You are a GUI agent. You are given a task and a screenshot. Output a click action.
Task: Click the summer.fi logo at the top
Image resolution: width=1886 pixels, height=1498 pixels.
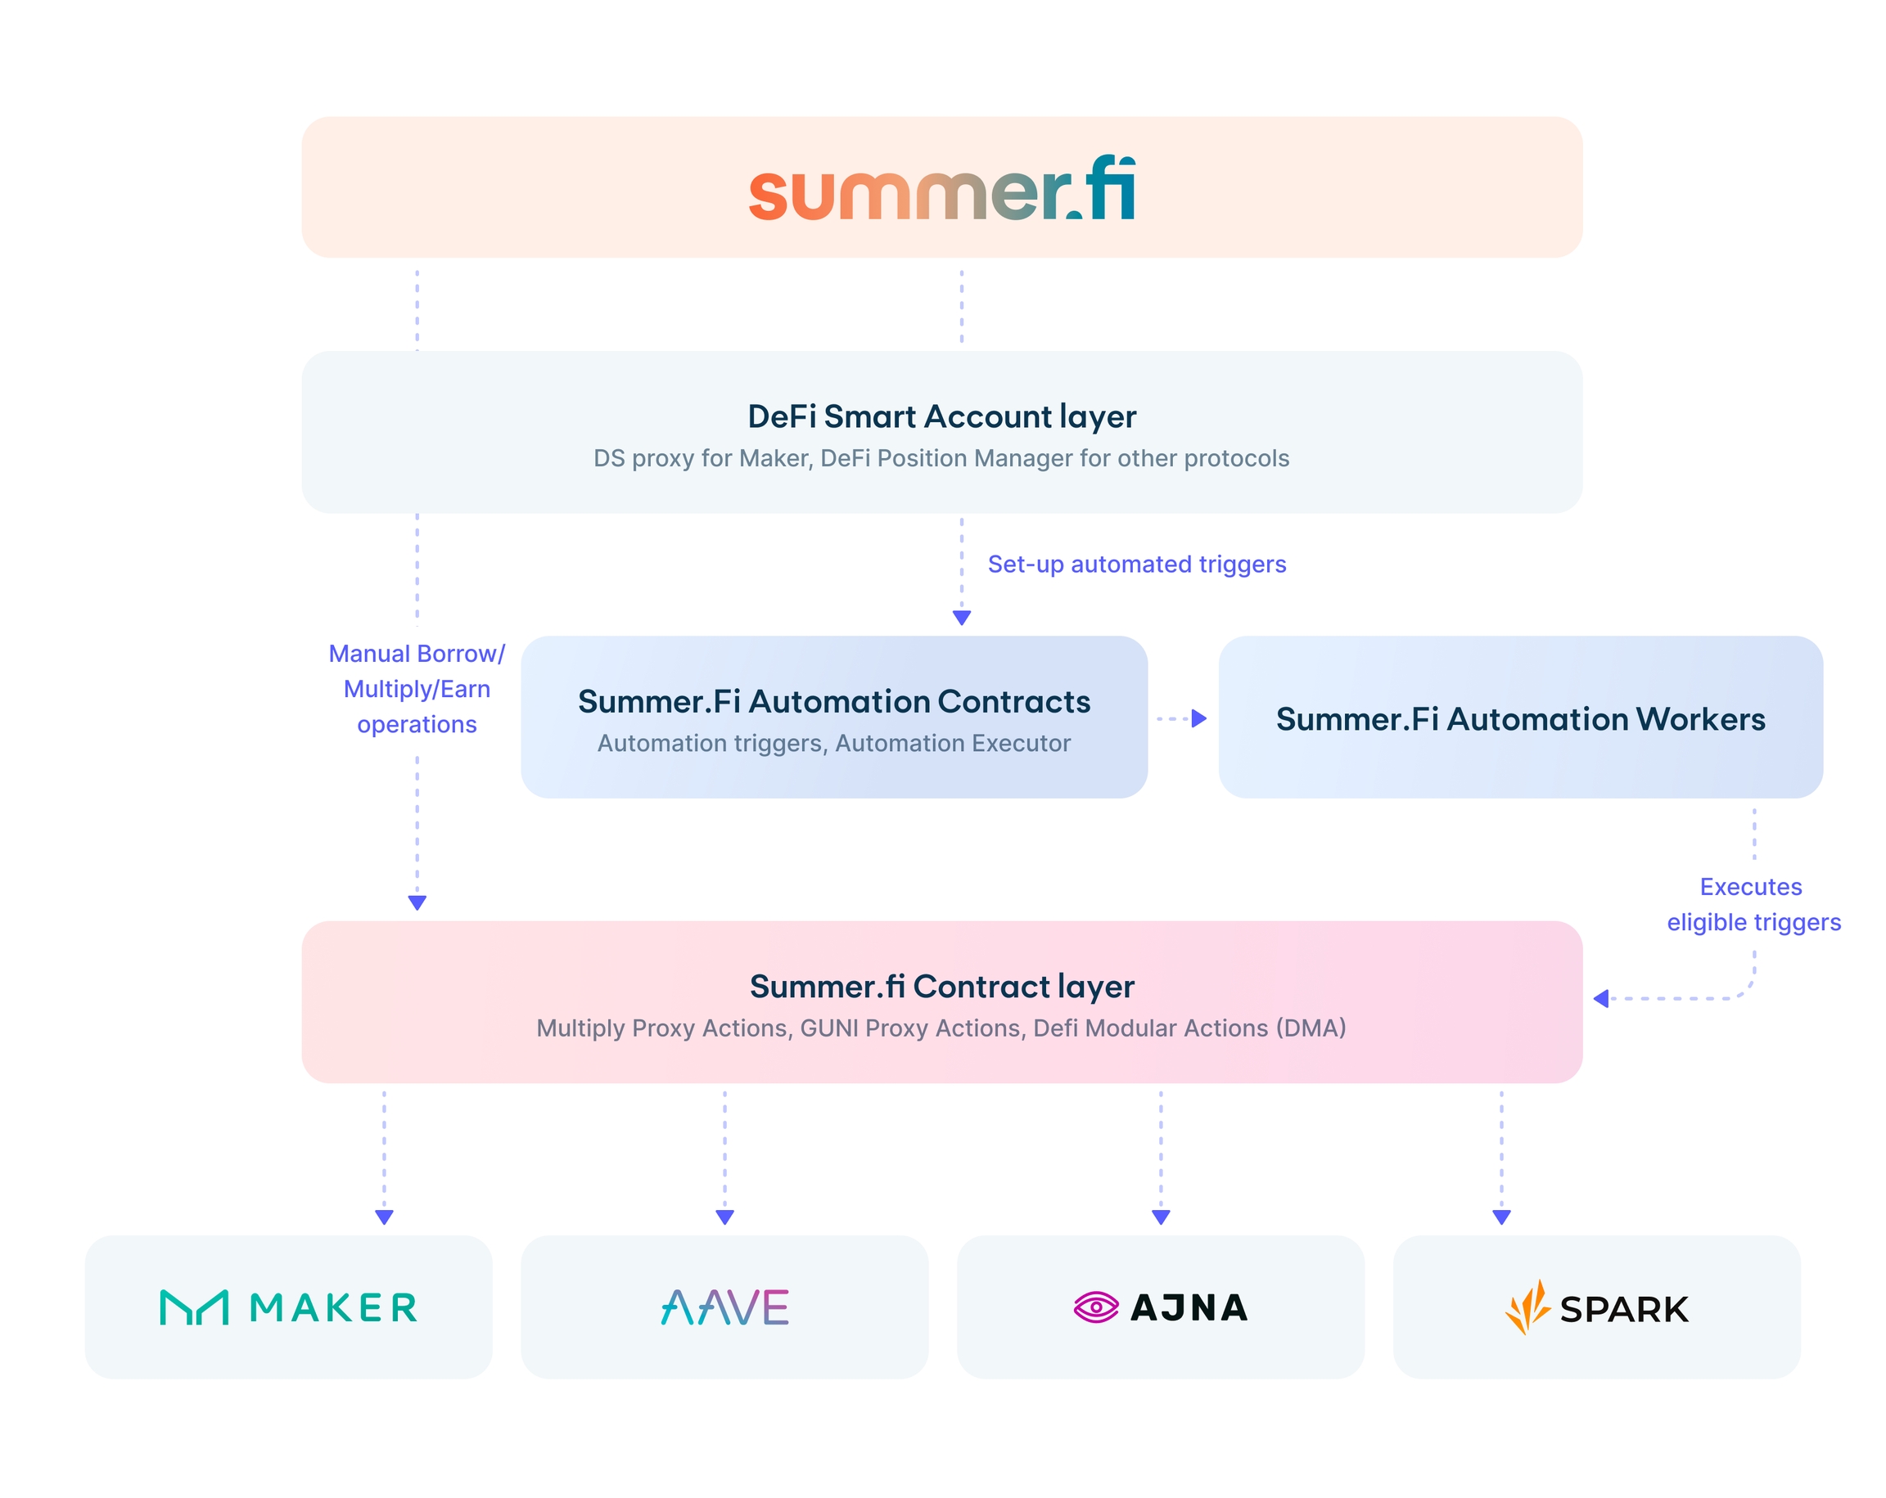942,190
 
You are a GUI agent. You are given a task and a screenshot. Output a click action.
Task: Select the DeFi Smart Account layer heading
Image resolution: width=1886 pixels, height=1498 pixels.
942,416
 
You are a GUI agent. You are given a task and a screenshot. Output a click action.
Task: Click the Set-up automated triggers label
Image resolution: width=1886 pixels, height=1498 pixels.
1136,564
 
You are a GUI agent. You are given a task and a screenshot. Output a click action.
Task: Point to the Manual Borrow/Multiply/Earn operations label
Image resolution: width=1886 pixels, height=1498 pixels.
417,689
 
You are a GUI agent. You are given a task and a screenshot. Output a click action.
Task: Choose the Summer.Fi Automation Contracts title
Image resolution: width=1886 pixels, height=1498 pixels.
833,701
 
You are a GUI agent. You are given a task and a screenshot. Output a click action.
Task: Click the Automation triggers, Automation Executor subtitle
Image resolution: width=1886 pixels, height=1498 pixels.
833,744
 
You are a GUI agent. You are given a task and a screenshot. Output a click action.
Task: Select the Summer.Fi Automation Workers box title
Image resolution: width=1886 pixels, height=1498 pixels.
1520,719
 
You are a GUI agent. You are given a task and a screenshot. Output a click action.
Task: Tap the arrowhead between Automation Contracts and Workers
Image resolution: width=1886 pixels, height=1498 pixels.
1199,719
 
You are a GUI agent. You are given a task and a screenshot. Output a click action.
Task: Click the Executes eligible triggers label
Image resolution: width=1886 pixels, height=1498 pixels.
1753,904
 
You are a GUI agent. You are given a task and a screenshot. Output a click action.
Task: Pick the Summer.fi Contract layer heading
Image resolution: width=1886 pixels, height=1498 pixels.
942,987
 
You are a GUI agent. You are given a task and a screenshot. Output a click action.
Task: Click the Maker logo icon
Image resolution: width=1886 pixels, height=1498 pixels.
194,1308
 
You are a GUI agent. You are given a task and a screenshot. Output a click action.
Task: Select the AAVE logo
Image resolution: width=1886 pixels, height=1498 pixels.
724,1308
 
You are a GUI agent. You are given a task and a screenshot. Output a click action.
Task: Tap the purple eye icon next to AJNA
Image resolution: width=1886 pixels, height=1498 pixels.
1095,1308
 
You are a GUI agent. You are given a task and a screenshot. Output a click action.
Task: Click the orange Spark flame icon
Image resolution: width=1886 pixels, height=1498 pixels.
1527,1308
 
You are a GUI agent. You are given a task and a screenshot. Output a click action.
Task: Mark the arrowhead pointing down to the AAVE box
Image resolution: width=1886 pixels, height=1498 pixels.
724,1217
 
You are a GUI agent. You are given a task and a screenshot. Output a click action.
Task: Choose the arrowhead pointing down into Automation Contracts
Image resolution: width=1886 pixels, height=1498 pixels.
961,619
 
